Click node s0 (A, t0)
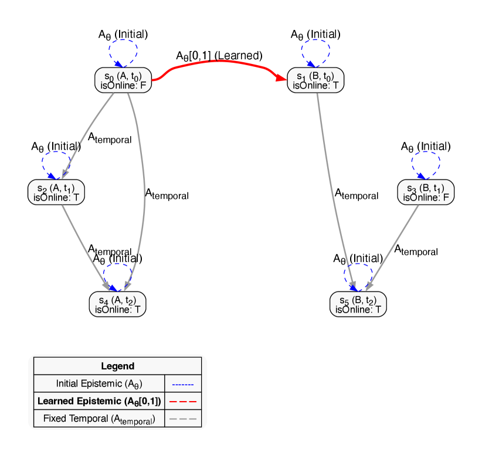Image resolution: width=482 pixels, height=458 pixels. point(123,80)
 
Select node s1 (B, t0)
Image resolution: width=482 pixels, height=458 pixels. point(315,80)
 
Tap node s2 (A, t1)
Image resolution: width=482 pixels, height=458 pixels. point(56,192)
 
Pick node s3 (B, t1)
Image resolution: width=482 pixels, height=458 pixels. point(426,192)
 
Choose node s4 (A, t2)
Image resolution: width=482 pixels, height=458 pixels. point(117,304)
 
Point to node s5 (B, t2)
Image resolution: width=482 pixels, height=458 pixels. point(358,304)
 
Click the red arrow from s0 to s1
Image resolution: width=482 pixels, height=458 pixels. point(217,61)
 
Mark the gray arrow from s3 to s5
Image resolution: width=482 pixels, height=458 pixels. point(394,246)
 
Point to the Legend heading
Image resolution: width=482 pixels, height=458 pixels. point(117,366)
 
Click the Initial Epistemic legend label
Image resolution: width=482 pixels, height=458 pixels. point(99,384)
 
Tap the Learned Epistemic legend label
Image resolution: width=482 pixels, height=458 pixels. point(99,401)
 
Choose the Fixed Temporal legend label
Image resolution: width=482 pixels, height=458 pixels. point(99,419)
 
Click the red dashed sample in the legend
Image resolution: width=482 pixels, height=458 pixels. point(183,402)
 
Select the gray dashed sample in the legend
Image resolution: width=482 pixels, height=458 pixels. point(183,419)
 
